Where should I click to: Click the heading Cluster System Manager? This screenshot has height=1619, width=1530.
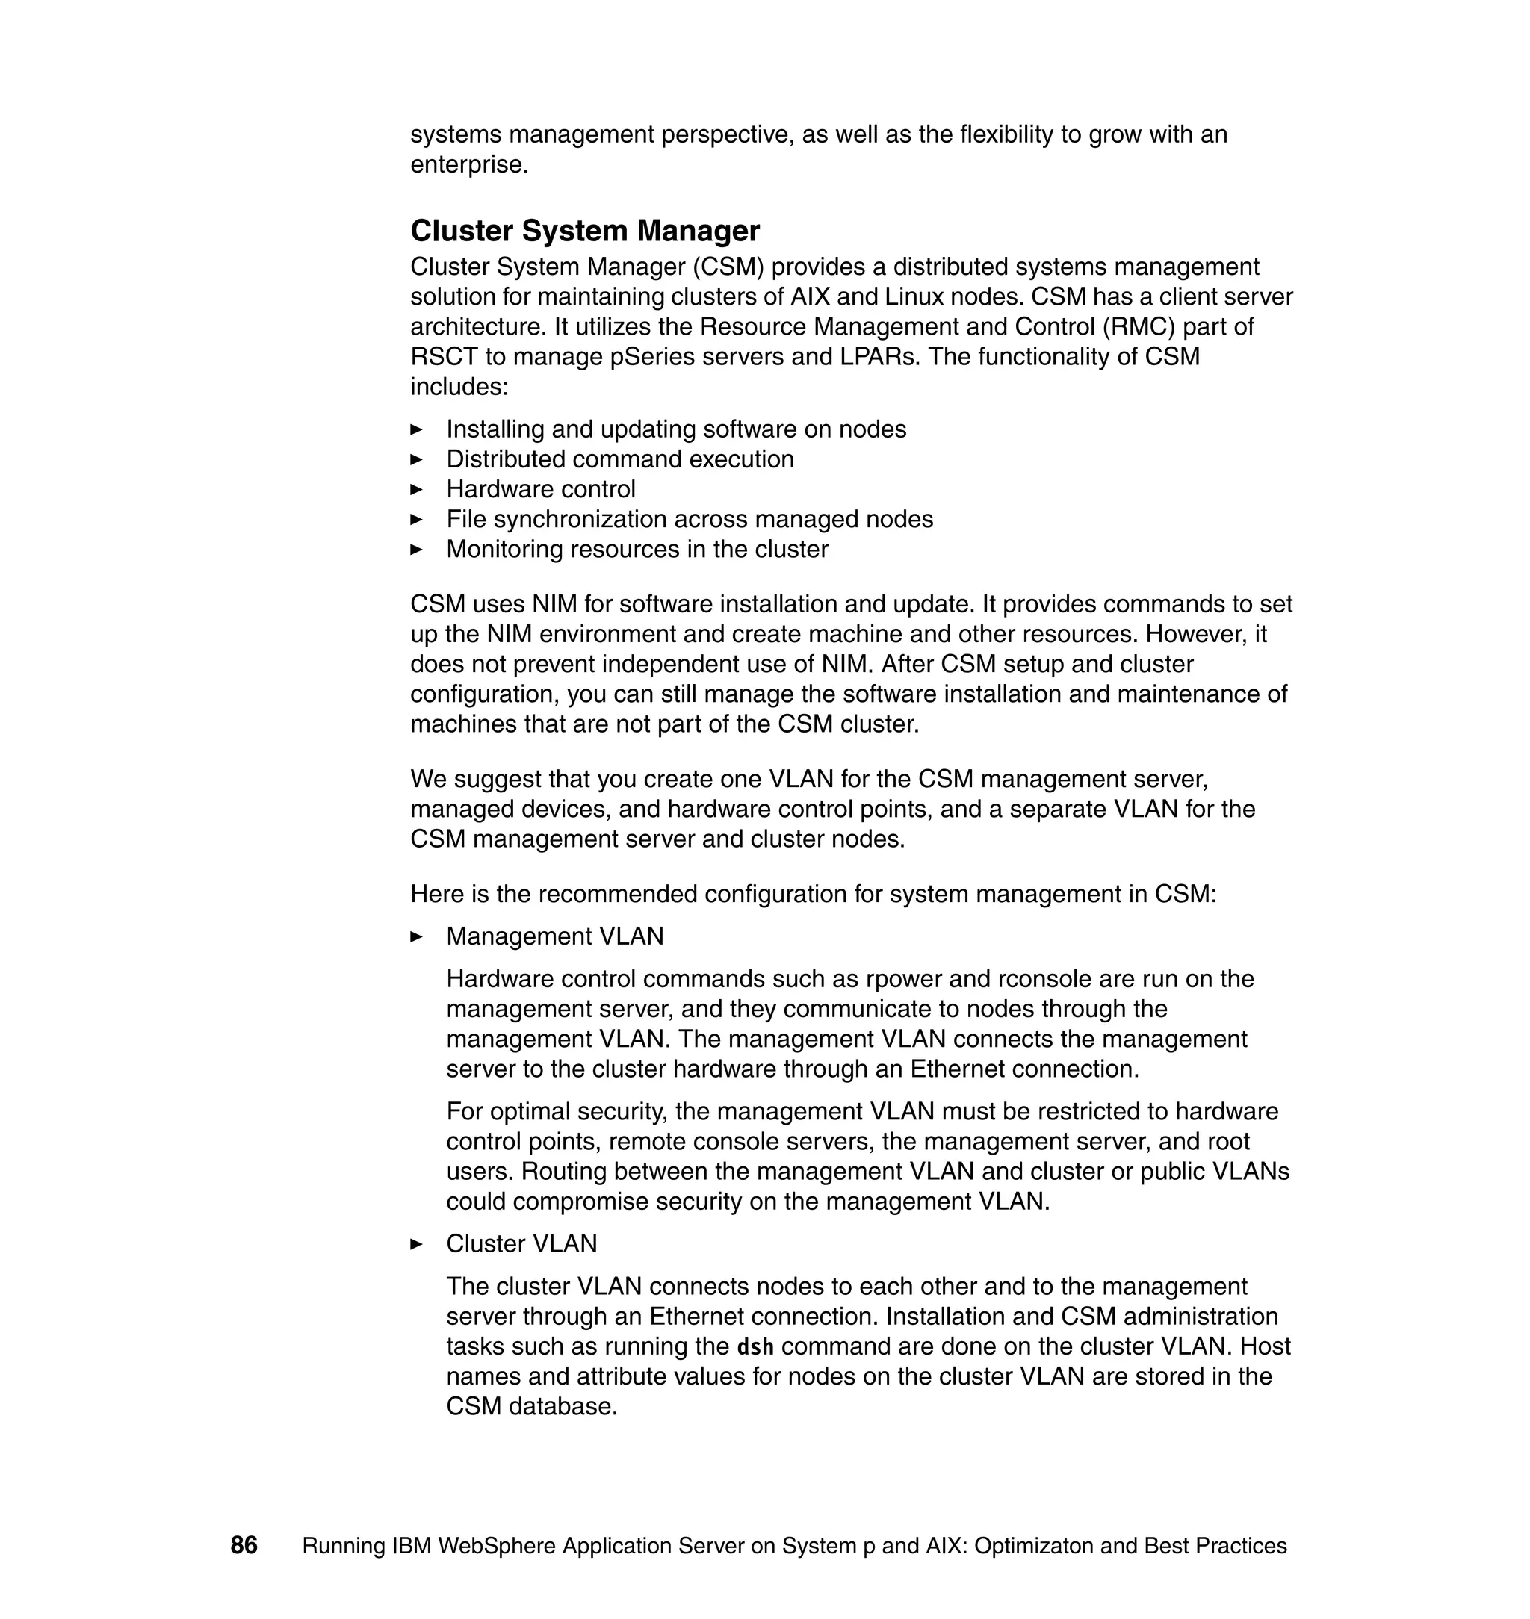[585, 231]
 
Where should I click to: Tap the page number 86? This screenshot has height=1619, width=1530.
[244, 1545]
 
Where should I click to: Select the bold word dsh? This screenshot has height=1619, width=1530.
[755, 1346]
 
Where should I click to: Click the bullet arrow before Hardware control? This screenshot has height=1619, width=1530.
[416, 489]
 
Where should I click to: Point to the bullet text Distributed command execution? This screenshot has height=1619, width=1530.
[620, 459]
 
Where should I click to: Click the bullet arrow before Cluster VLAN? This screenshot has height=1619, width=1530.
[416, 1244]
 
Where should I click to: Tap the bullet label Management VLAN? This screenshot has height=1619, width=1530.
[554, 936]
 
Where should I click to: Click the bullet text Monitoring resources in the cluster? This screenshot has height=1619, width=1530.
[637, 549]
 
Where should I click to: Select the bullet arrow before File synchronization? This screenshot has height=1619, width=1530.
[416, 519]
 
